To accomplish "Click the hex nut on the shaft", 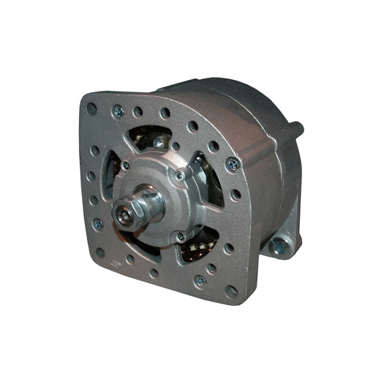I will tap(130, 214).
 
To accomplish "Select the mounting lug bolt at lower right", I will tap(278, 244).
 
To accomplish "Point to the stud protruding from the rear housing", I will tap(296, 127).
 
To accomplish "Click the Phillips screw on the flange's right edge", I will tap(233, 163).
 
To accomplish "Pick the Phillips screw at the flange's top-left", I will tap(118, 111).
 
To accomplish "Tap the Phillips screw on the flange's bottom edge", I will tap(200, 280).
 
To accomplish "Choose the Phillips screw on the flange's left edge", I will tap(98, 224).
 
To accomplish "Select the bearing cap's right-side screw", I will tap(180, 176).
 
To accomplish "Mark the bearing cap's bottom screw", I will tap(181, 237).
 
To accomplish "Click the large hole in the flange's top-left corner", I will tap(91, 109).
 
